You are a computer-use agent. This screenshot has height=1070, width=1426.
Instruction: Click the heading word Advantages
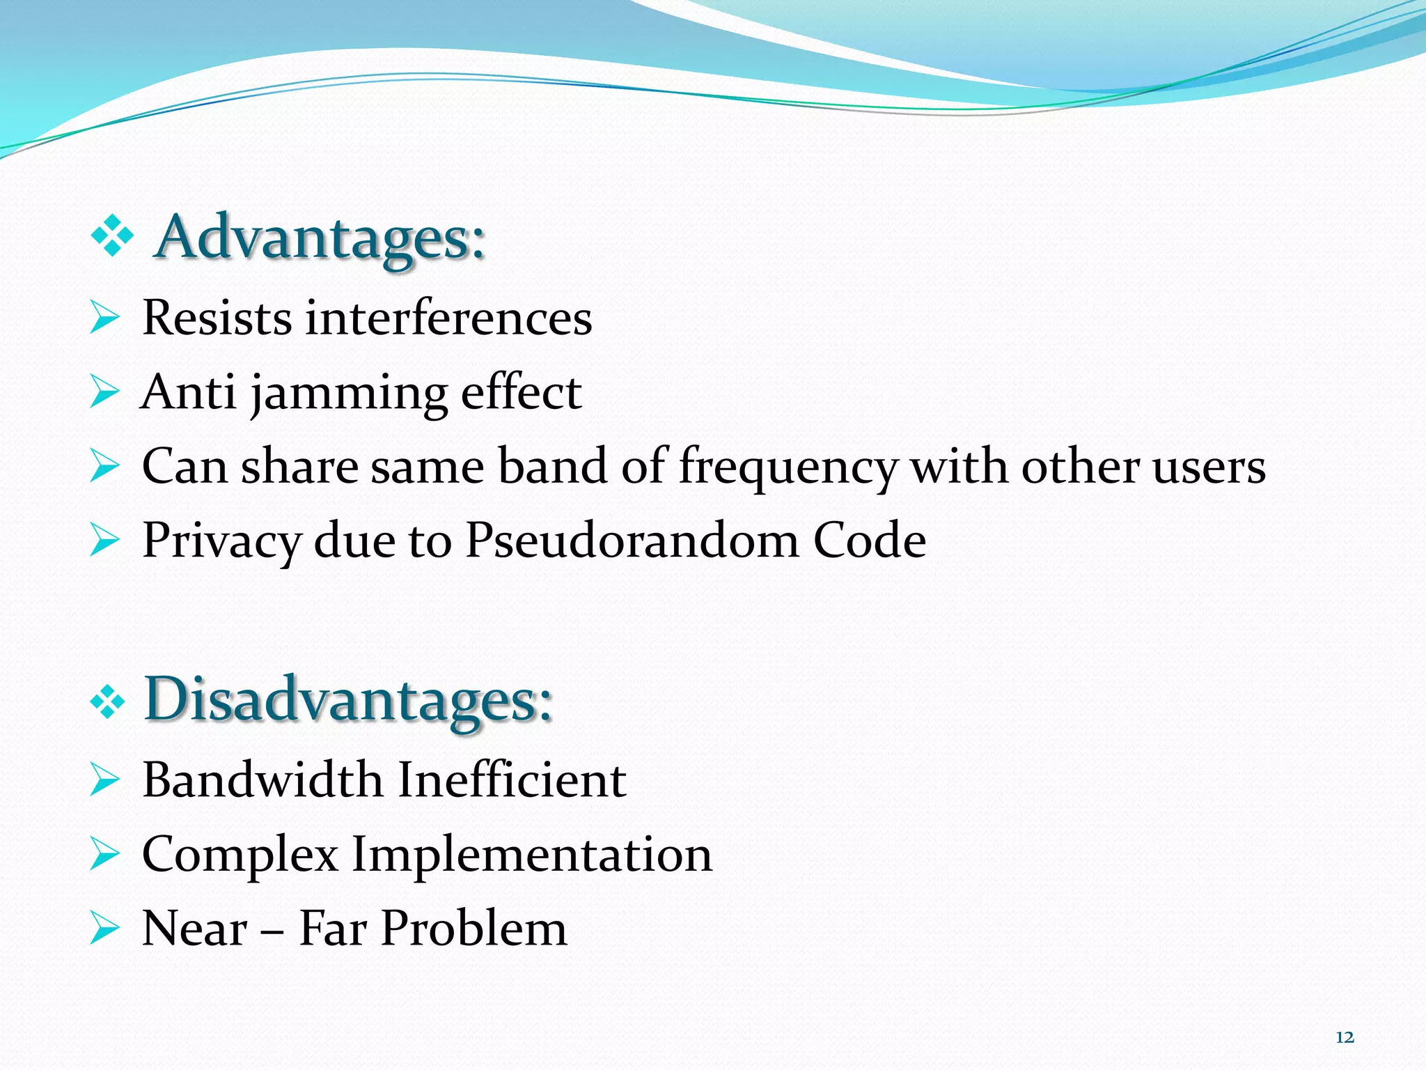point(319,238)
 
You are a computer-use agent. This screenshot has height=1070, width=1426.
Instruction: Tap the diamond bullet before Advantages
point(112,238)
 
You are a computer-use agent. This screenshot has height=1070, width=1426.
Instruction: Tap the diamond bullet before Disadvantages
point(108,703)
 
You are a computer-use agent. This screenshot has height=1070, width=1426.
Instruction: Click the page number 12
point(1345,1037)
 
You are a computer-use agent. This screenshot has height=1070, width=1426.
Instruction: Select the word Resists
point(217,318)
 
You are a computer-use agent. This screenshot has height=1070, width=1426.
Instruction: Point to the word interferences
point(449,318)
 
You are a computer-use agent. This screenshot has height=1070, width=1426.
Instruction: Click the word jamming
point(349,394)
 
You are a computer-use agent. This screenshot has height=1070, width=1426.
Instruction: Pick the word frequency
point(788,467)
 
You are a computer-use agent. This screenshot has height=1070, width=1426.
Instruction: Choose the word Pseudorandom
point(632,541)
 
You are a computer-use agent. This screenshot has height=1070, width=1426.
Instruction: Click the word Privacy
point(221,541)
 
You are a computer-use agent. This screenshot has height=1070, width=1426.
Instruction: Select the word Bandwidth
point(263,780)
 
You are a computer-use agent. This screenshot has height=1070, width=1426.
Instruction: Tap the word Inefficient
point(512,780)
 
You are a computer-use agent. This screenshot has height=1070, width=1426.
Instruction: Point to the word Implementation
point(532,854)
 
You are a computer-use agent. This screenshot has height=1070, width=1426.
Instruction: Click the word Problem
point(473,929)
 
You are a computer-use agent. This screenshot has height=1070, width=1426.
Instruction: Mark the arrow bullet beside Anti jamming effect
point(104,394)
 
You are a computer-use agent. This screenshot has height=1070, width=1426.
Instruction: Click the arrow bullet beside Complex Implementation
point(104,855)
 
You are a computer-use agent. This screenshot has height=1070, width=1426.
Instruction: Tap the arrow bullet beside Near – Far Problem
point(104,929)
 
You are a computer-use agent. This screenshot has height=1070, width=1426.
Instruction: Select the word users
point(1209,467)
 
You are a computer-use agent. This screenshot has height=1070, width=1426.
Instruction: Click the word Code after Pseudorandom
point(870,541)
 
